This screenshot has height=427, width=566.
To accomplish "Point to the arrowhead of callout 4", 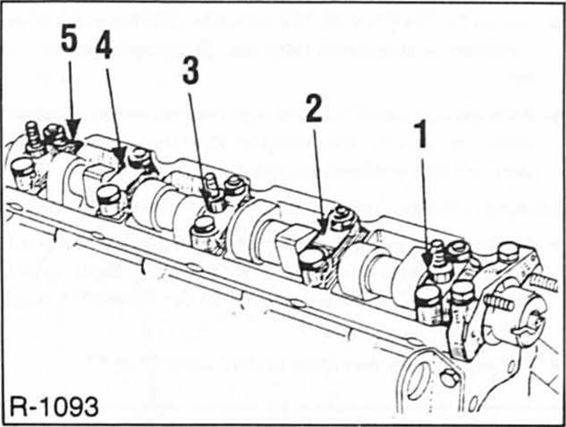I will tap(123, 165).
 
